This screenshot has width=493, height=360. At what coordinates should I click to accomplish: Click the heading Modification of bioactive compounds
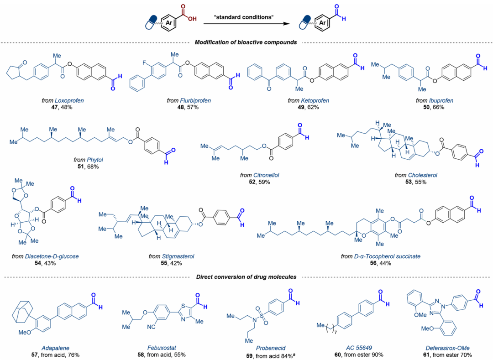pos(246,42)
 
